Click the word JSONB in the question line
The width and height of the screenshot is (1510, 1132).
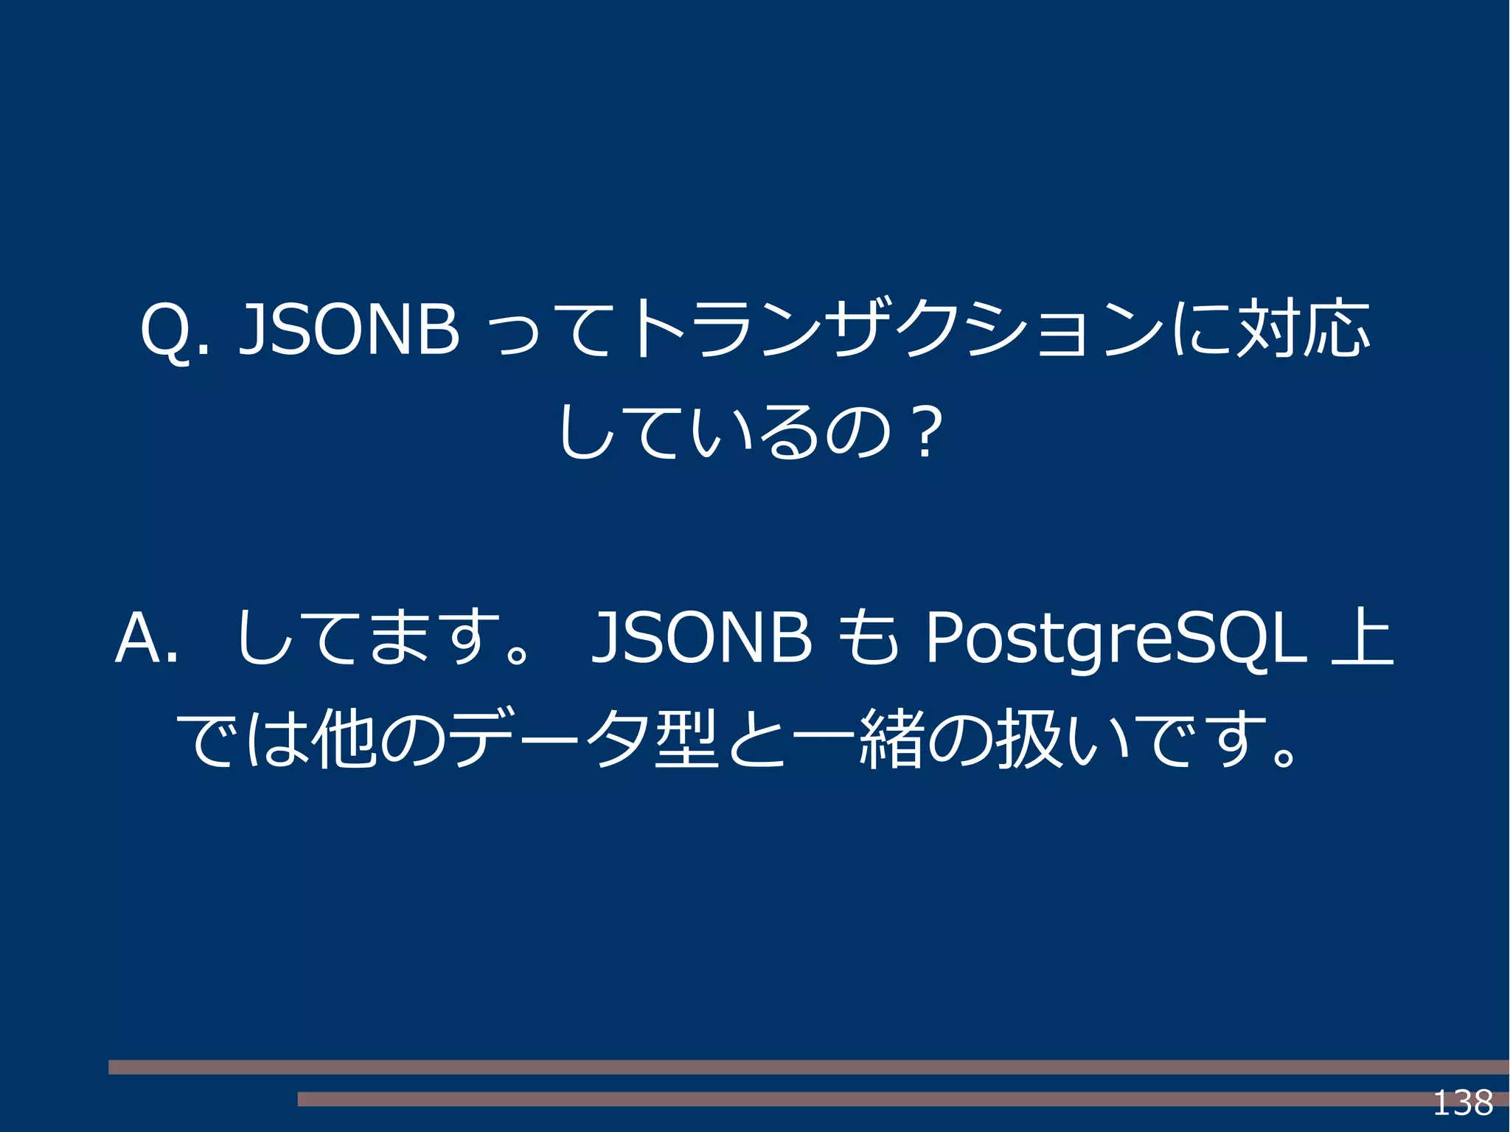tap(349, 330)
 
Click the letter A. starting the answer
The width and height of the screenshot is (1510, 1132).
tap(146, 638)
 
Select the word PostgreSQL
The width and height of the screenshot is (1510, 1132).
tap(1115, 638)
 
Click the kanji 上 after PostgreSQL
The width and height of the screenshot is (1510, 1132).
tap(1362, 638)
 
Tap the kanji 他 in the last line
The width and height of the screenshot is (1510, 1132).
tap(344, 739)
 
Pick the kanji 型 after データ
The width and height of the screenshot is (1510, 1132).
tap(686, 739)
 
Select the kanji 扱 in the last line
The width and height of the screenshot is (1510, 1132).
tap(1029, 739)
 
